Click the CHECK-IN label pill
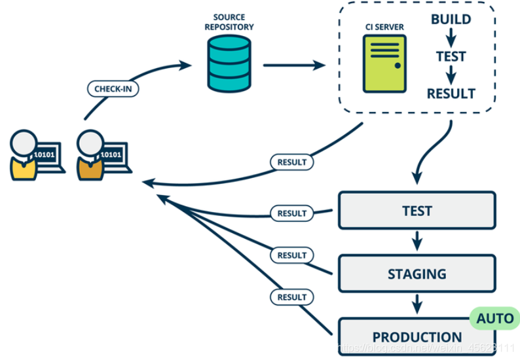coord(113,88)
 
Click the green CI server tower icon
coord(384,63)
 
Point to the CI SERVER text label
coord(384,27)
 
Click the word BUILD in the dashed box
coord(451,20)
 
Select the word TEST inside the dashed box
coord(451,57)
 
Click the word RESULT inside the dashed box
coord(451,94)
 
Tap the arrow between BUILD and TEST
coord(451,38)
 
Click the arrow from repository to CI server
coord(294,65)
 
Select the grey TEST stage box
coord(417,211)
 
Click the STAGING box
coord(417,274)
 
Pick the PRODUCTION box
coord(417,336)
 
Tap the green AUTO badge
coord(494,319)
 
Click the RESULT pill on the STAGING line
coord(291,255)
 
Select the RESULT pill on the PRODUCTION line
coord(291,297)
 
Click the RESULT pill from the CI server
coord(291,161)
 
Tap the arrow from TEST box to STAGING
coord(417,242)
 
